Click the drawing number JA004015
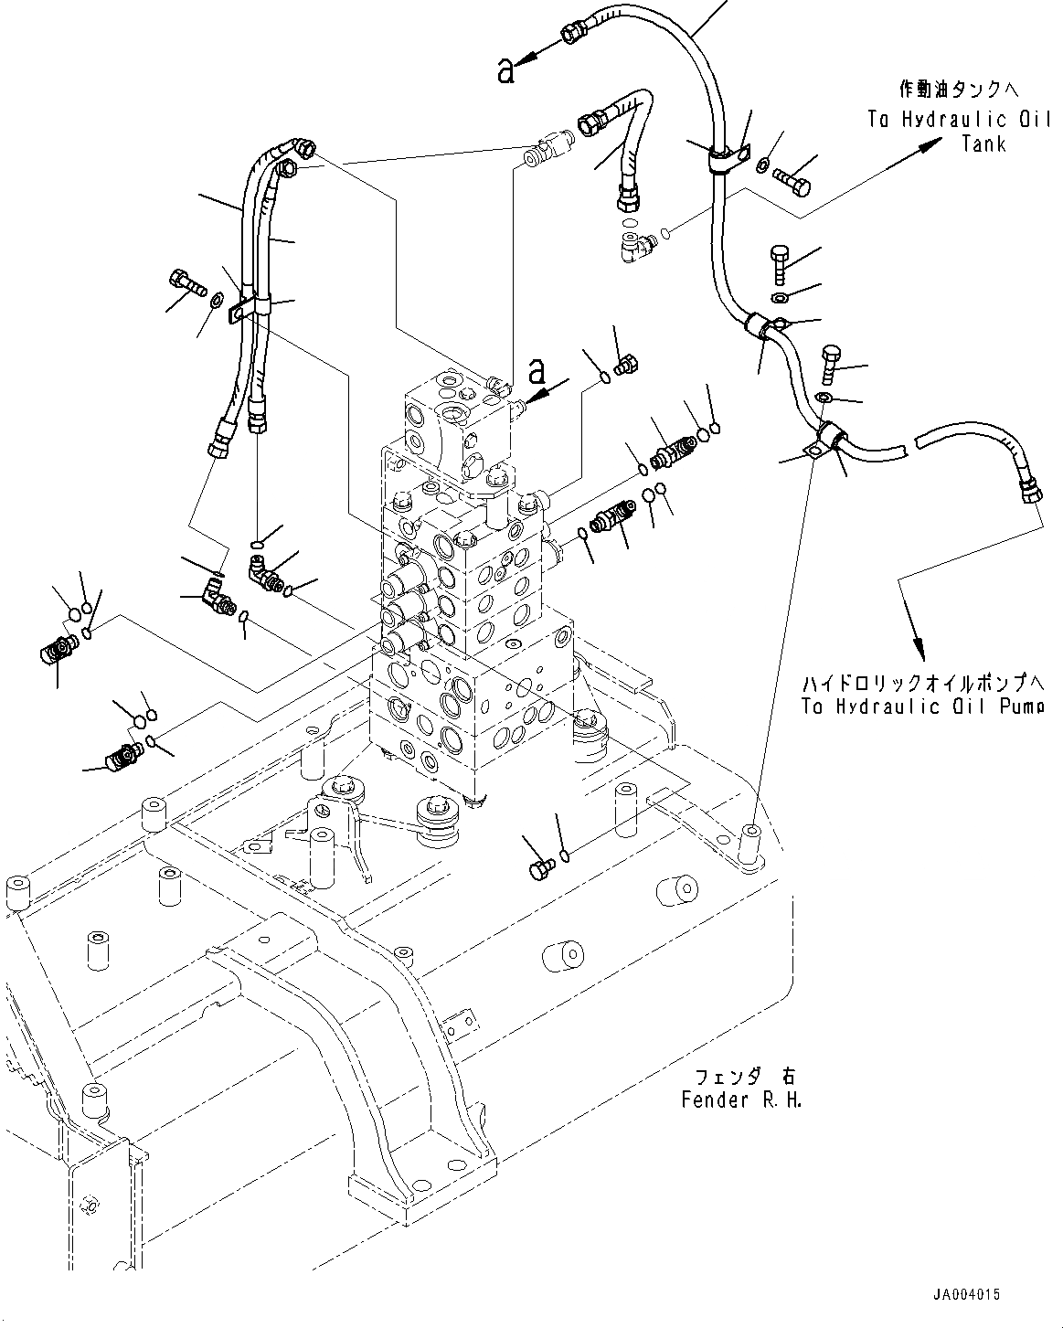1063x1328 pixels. pyautogui.click(x=967, y=1294)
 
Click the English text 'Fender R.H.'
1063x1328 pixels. pyautogui.click(x=741, y=1099)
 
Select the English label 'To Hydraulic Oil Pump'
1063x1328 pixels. pyautogui.click(x=921, y=706)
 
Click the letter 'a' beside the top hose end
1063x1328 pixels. pyautogui.click(x=506, y=70)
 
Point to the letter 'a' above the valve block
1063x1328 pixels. pyautogui.click(x=538, y=372)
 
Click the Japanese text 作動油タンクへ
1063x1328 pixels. pyautogui.click(x=958, y=90)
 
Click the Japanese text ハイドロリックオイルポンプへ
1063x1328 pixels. pyautogui.click(x=922, y=684)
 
